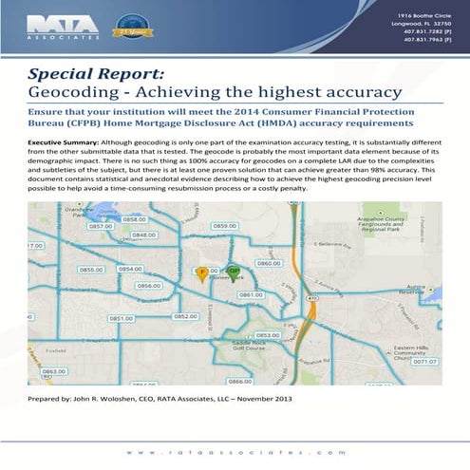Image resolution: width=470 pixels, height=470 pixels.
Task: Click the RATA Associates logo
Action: click(54, 24)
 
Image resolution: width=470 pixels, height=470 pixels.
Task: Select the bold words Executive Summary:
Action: click(64, 139)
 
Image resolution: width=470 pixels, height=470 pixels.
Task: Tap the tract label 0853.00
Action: click(267, 334)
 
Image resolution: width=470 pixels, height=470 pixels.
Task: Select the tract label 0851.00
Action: click(122, 319)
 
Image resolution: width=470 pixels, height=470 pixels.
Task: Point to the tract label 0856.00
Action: click(148, 285)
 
